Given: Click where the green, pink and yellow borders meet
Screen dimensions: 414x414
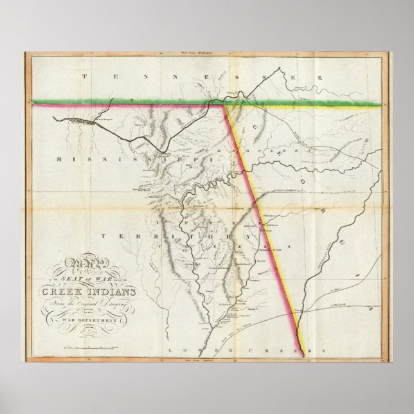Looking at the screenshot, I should tap(224, 104).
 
